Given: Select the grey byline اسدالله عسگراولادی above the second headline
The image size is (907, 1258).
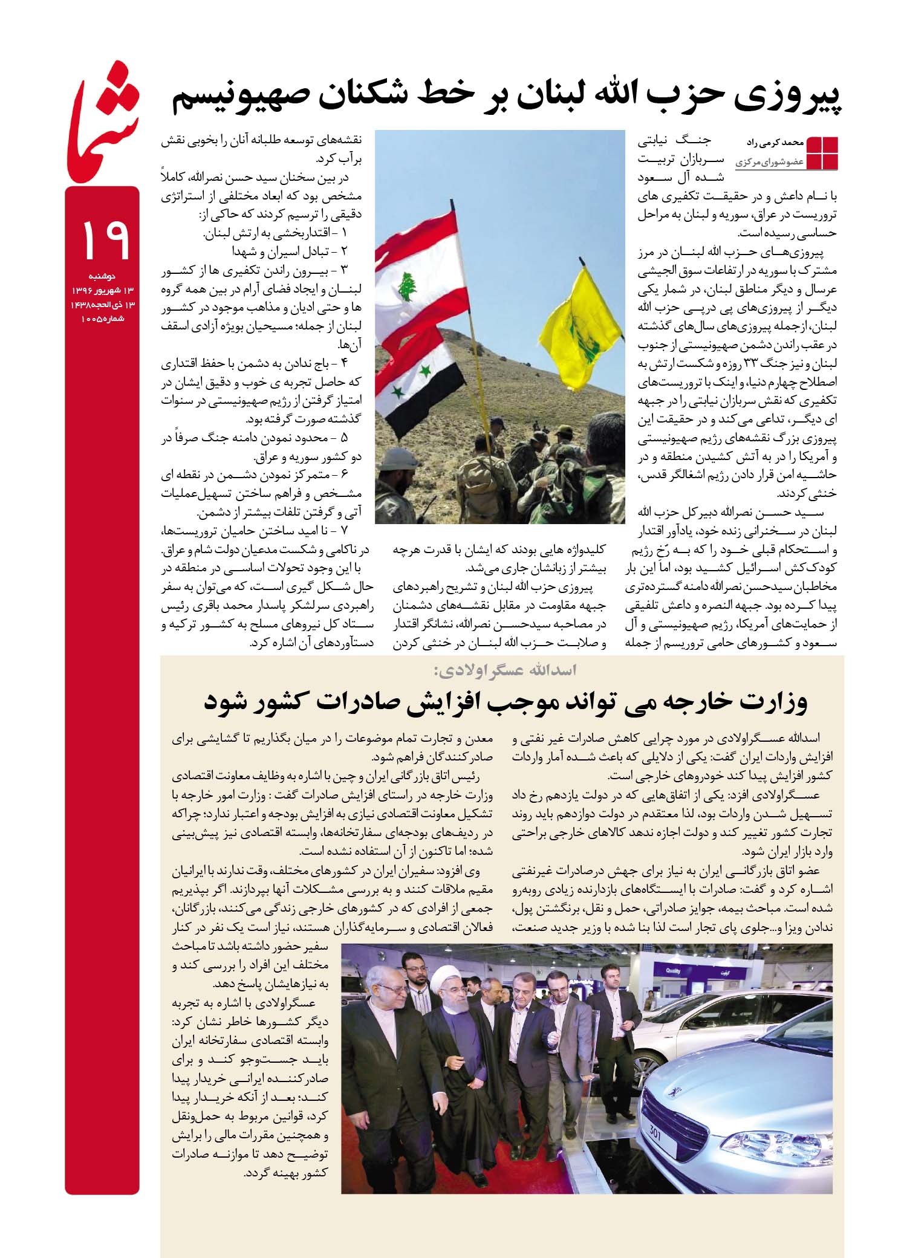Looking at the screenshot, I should coord(502,670).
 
